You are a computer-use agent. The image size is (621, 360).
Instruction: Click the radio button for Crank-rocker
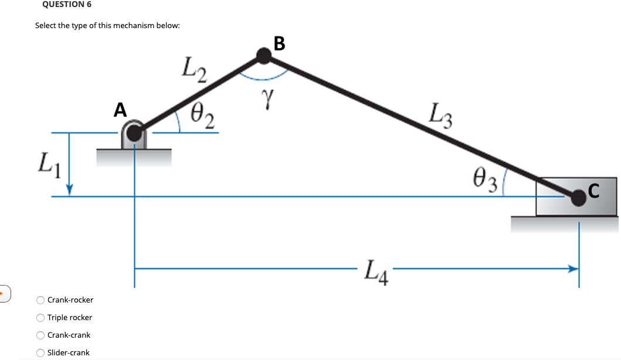point(40,300)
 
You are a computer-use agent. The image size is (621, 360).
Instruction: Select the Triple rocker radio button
point(40,318)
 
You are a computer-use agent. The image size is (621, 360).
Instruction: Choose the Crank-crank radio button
point(40,335)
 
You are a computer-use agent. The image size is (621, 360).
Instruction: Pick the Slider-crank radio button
point(40,353)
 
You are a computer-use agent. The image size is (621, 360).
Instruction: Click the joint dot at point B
point(264,56)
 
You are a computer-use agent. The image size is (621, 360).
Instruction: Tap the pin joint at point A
point(135,133)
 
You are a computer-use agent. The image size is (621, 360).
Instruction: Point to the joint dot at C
point(579,198)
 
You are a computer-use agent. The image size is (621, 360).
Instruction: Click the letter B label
point(279,43)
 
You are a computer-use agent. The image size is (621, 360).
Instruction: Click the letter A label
point(120,110)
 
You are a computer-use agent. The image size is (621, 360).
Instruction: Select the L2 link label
point(194,70)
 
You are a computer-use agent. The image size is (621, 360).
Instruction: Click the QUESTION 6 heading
point(67,5)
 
